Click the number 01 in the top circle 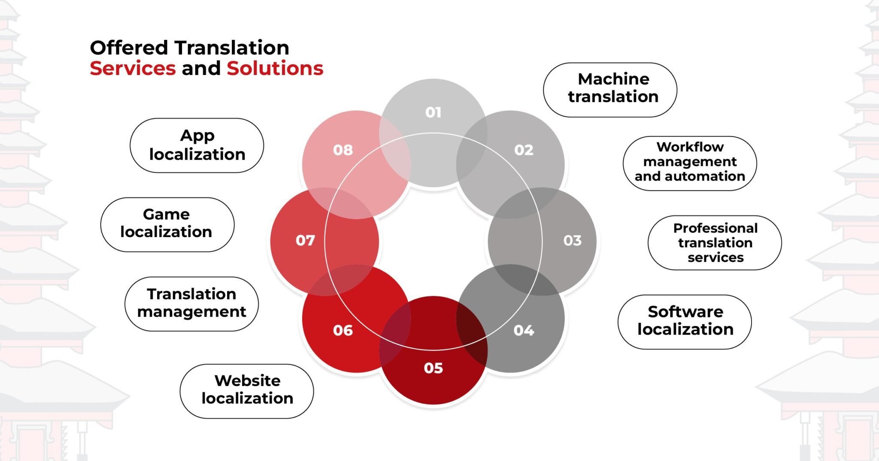(x=433, y=112)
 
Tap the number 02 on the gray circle (x=524, y=150)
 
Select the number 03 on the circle (x=572, y=240)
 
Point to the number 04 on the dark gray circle (x=524, y=330)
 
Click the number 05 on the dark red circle (x=433, y=368)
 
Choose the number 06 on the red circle (x=343, y=330)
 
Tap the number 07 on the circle (x=305, y=240)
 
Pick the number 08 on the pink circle (x=343, y=150)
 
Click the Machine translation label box (x=610, y=89)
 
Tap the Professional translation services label (x=715, y=243)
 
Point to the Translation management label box (x=191, y=304)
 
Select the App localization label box (x=197, y=145)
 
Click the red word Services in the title (x=133, y=69)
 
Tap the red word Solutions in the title (x=275, y=69)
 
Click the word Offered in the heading (x=129, y=48)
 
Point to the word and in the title (x=201, y=69)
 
